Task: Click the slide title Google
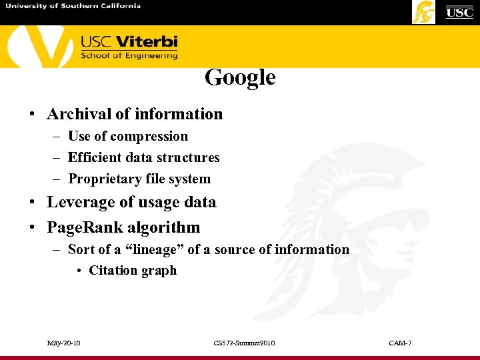tap(240, 77)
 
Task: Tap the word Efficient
tap(95, 158)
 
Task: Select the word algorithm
tap(169, 227)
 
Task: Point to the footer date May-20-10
tap(64, 343)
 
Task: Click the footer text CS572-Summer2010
tap(244, 343)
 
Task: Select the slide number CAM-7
tap(400, 343)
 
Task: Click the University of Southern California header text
tap(73, 6)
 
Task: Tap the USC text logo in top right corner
tap(459, 12)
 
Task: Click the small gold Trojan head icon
tap(423, 12)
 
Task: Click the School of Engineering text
tap(129, 56)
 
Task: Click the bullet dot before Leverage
tap(33, 203)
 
